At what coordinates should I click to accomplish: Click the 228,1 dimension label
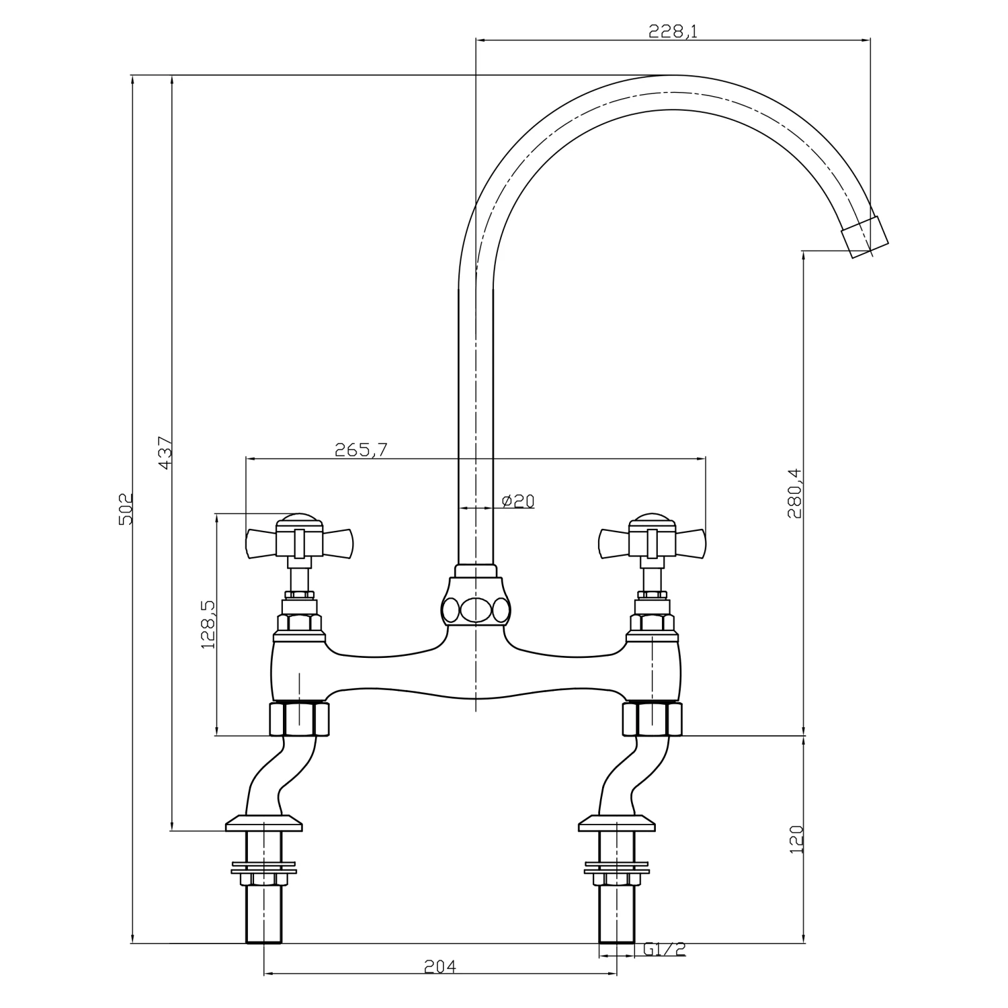pos(673,31)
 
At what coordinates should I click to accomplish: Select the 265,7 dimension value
pos(361,450)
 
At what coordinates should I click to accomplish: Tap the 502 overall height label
pos(126,509)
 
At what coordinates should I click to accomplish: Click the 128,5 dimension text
pos(208,624)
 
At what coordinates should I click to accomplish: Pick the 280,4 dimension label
pos(796,493)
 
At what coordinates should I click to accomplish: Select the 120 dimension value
pos(796,840)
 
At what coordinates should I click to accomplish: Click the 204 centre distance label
pos(440,966)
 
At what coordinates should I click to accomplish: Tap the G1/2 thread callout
pos(664,949)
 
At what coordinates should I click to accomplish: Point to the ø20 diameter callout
pos(518,501)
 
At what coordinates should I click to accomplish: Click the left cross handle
pos(300,540)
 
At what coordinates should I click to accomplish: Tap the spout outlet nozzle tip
pos(866,237)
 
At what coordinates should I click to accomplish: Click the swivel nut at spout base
pos(476,610)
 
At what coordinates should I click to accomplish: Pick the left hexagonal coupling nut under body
pos(300,719)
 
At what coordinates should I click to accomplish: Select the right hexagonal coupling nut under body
pos(652,719)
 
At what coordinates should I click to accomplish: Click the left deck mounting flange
pos(263,824)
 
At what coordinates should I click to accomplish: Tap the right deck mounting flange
pos(617,824)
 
